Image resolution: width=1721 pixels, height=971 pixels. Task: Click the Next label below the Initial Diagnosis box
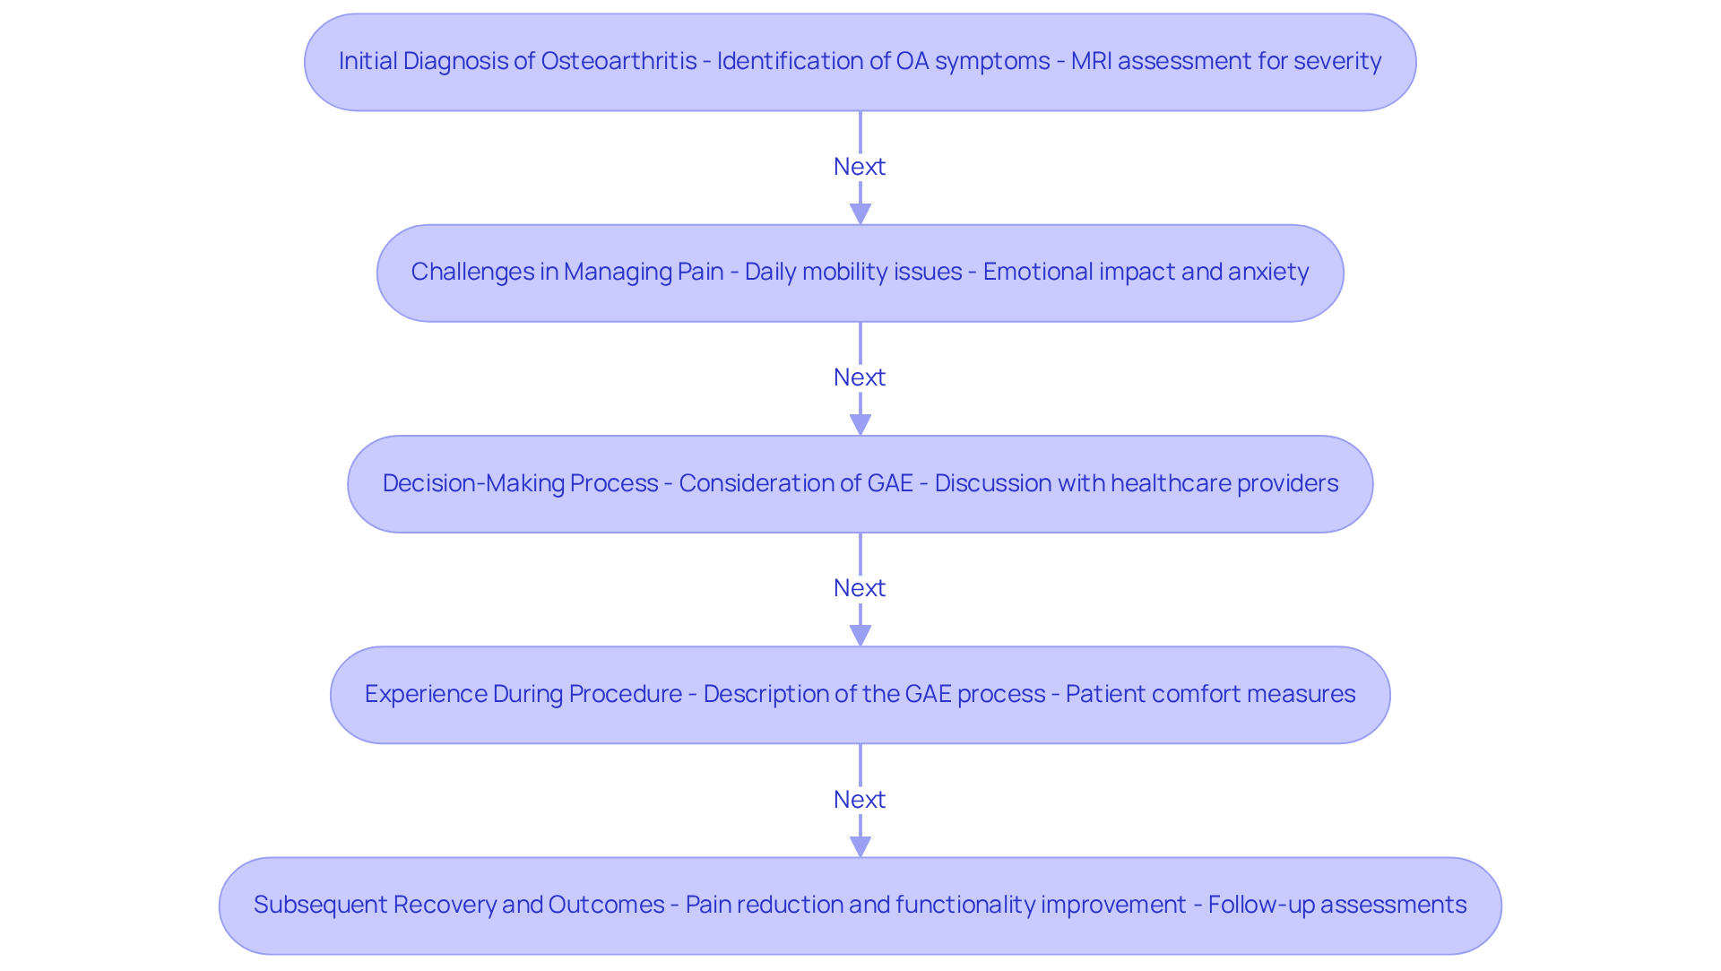point(860,167)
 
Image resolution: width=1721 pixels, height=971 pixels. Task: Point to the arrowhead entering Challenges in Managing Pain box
point(860,214)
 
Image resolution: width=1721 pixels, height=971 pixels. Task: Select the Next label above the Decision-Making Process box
point(860,377)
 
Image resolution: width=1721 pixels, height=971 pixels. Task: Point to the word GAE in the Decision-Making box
point(890,483)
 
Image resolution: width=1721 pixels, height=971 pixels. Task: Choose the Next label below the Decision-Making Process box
point(860,588)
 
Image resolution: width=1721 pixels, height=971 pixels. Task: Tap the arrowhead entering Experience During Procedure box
point(860,636)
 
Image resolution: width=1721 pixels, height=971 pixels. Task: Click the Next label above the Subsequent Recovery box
point(860,800)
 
